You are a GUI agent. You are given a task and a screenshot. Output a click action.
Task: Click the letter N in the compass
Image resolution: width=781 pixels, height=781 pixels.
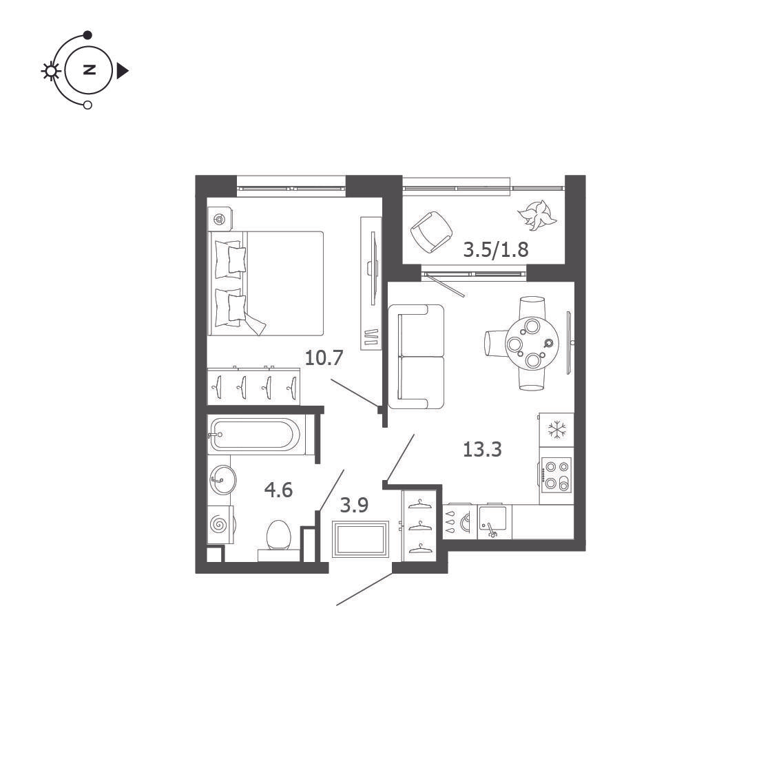89,70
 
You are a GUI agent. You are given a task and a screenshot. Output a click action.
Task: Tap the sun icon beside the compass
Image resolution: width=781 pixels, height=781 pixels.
50,71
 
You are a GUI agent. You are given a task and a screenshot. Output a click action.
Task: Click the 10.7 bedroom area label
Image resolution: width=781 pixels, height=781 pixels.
324,357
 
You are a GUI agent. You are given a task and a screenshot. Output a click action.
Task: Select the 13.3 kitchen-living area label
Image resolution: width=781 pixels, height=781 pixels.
482,449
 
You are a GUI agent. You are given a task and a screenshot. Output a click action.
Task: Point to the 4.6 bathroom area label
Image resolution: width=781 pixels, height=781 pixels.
278,490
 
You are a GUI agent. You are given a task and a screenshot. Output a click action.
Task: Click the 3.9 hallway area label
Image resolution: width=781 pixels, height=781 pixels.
354,505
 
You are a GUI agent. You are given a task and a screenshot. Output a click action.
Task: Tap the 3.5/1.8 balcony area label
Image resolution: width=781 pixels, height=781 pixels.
496,249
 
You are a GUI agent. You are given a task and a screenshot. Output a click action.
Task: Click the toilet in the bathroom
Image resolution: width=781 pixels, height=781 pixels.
278,541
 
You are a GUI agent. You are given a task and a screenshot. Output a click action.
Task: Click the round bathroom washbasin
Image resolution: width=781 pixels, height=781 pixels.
222,479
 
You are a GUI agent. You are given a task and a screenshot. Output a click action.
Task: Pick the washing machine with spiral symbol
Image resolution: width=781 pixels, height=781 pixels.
220,525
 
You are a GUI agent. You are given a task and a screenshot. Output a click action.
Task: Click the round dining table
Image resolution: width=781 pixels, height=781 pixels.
532,343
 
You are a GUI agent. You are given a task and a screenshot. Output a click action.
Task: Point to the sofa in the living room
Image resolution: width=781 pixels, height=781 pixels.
416,357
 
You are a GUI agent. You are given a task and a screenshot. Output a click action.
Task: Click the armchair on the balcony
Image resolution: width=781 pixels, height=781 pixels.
431,232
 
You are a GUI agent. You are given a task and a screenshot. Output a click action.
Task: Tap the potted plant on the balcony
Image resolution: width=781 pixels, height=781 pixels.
537,215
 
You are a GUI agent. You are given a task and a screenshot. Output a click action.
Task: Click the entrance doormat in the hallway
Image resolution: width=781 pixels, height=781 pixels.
361,539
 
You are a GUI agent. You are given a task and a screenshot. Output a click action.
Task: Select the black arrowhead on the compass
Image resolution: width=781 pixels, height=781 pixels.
123,71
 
